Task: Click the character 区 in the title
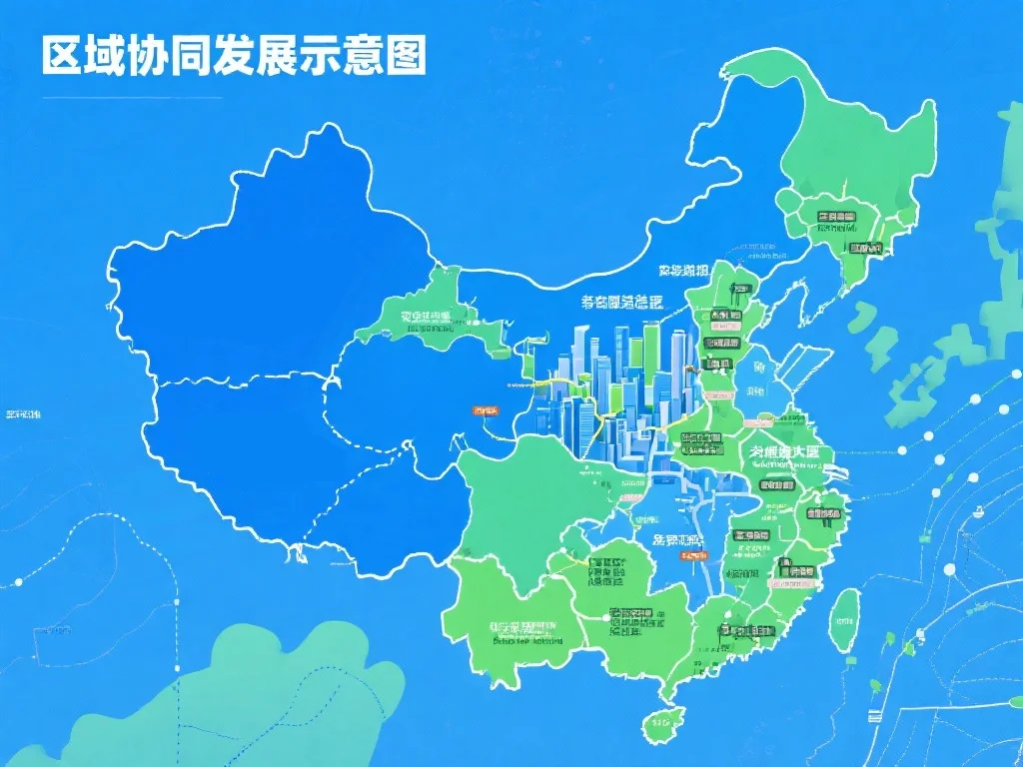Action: [61, 56]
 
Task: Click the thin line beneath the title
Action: [130, 98]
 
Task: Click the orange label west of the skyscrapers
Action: [486, 409]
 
